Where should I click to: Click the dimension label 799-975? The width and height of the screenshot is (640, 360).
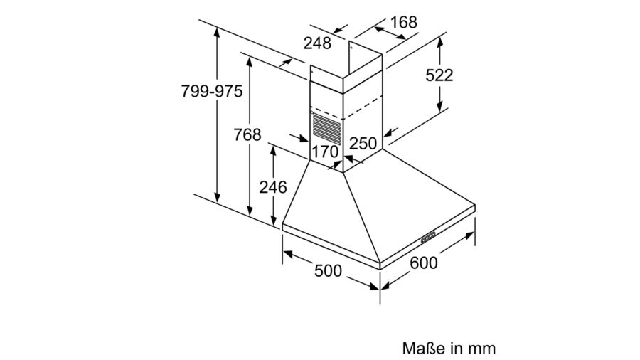pos(212,91)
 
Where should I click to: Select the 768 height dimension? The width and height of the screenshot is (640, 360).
pos(247,134)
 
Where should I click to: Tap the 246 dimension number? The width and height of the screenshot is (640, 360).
pos(273,187)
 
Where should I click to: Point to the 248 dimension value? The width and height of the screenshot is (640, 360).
pos(317,43)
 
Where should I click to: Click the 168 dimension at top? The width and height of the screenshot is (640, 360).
pos(404,22)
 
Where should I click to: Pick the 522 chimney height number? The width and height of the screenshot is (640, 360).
pos(439,75)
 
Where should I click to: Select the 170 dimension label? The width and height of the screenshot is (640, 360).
pos(325,152)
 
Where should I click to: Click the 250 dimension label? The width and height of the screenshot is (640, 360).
pos(363,143)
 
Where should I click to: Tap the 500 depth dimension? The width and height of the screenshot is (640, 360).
pos(328,270)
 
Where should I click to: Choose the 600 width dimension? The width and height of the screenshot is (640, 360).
pos(424,263)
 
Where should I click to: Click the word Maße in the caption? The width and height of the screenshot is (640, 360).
pos(424,348)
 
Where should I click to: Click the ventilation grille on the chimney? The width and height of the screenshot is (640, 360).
pos(326,129)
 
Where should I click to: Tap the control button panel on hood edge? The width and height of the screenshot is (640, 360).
pos(428,237)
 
